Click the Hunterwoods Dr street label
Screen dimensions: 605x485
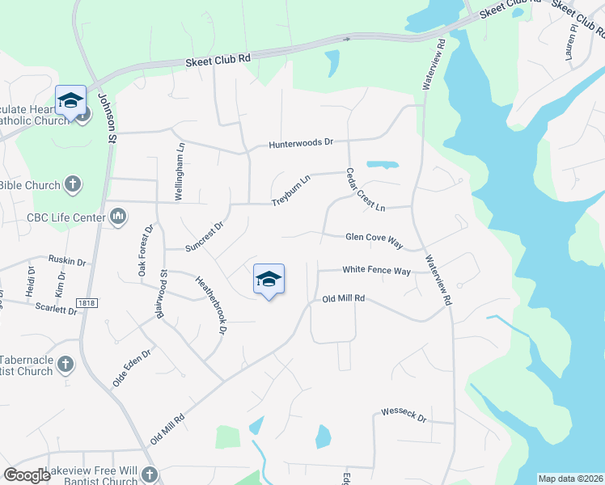click(x=301, y=143)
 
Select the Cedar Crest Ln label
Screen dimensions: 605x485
click(x=365, y=191)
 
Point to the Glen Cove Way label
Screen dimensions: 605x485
click(x=374, y=238)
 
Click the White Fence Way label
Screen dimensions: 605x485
click(x=376, y=271)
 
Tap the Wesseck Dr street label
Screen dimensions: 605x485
click(x=404, y=415)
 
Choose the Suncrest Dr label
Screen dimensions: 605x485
click(x=203, y=235)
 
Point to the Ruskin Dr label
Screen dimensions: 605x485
click(x=66, y=261)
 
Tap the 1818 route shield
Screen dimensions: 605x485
click(x=87, y=302)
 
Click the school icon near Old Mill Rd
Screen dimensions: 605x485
click(x=269, y=280)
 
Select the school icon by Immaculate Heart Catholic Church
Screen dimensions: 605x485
click(x=70, y=101)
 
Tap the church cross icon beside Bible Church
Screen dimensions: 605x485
click(x=73, y=185)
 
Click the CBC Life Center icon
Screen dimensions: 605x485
click(x=118, y=217)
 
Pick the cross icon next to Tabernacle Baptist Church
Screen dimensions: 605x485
click(x=66, y=365)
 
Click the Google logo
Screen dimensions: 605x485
click(x=27, y=475)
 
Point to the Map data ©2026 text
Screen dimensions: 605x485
click(x=570, y=479)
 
